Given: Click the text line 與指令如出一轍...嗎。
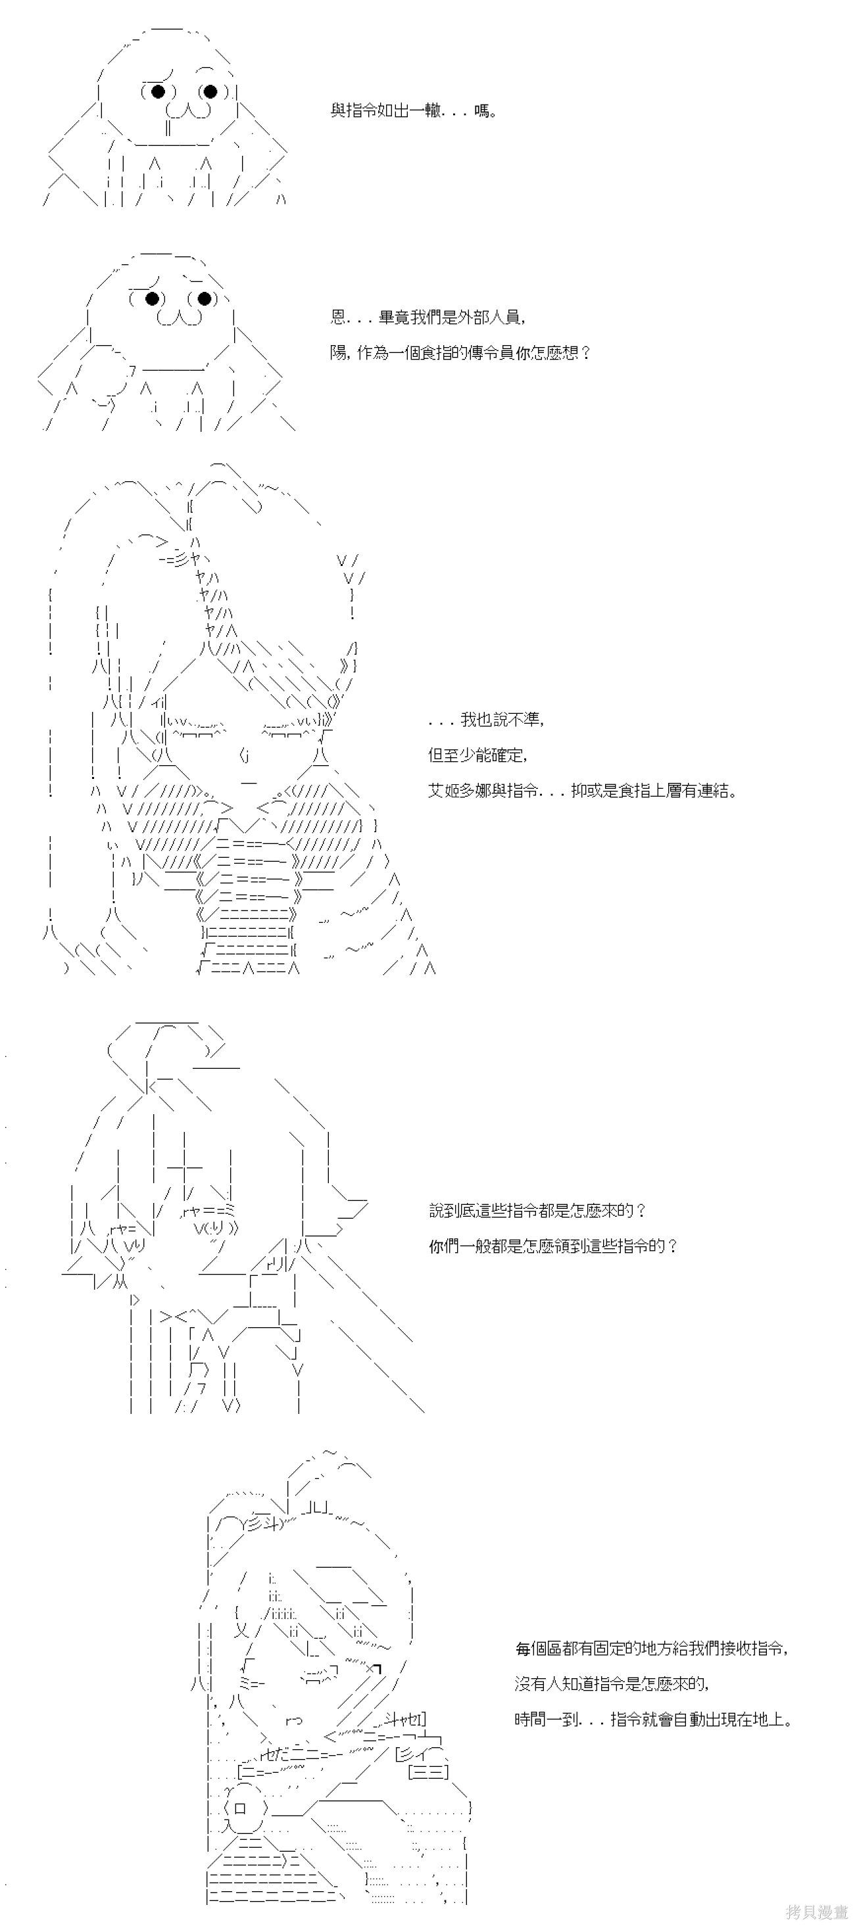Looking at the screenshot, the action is (414, 111).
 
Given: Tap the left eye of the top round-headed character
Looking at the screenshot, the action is (158, 91).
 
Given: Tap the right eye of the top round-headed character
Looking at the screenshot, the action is (209, 91).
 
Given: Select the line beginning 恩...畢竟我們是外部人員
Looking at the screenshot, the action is (428, 317).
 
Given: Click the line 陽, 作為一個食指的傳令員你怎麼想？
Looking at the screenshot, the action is (461, 352).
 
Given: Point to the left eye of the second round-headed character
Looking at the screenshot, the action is (153, 298).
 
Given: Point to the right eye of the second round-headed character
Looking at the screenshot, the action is (203, 298).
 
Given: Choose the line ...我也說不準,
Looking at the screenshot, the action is (486, 719).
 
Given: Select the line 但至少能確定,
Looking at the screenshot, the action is (478, 755).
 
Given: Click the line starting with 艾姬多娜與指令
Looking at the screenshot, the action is (583, 790).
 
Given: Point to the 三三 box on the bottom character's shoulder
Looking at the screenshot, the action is (429, 1772).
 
